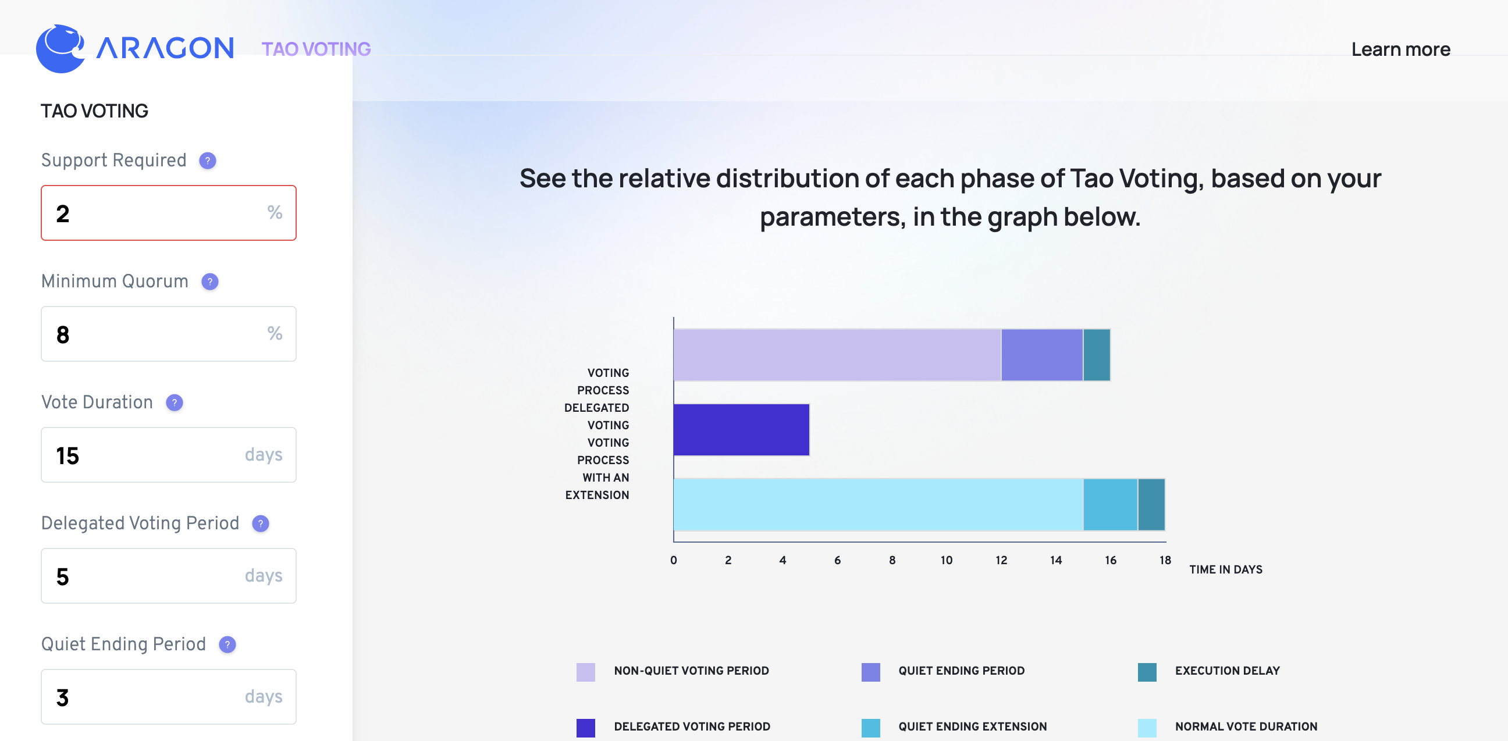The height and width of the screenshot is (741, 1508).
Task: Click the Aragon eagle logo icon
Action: pos(61,49)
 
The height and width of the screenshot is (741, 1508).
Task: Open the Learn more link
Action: pos(1400,49)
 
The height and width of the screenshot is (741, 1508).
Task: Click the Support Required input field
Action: pos(169,213)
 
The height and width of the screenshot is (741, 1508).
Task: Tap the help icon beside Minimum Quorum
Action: pos(209,282)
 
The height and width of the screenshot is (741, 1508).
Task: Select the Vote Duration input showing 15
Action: pos(169,455)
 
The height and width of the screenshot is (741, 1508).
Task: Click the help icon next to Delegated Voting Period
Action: pos(261,524)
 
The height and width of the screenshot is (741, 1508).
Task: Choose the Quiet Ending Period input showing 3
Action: pos(169,697)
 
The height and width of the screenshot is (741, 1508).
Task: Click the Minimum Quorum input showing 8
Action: pos(169,334)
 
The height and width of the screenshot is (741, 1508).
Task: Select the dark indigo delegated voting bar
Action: pos(741,430)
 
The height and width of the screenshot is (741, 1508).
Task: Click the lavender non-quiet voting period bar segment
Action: pos(837,355)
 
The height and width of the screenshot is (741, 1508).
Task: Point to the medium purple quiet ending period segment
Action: pos(1042,355)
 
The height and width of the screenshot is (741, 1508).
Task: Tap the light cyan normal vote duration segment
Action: pos(878,505)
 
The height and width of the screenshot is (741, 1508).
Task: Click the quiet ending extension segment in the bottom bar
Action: pos(1111,505)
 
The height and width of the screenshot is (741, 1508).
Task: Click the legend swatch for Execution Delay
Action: pos(1147,672)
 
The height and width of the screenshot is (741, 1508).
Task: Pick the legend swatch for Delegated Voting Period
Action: pos(585,728)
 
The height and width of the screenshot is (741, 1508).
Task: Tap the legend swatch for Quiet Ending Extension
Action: pos(870,728)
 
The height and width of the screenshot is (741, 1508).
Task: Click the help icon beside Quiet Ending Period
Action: pos(227,645)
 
